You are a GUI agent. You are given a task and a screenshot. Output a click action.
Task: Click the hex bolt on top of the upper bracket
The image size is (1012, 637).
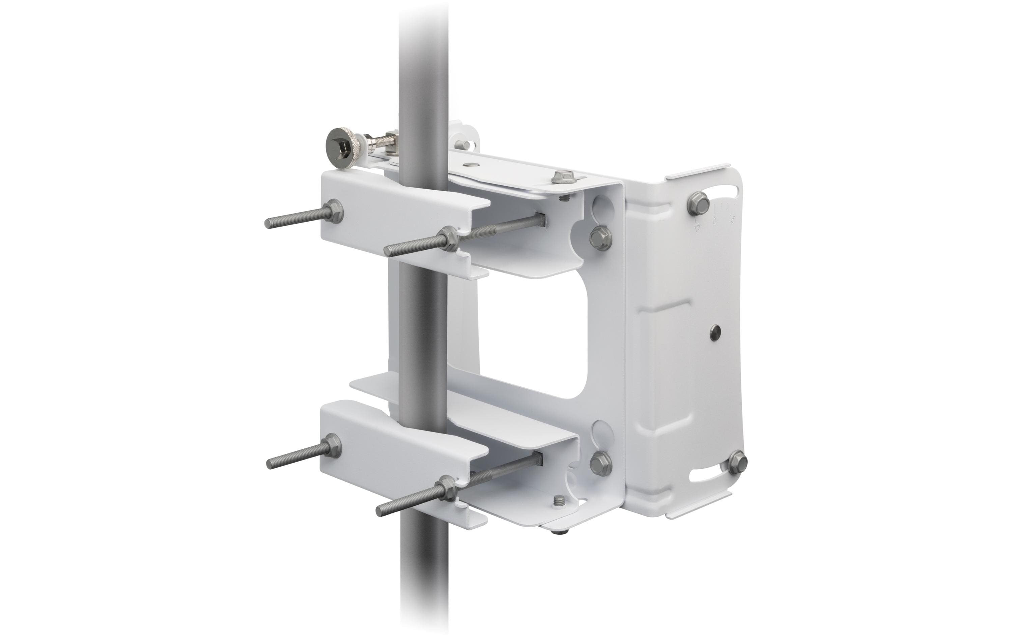pos(561,176)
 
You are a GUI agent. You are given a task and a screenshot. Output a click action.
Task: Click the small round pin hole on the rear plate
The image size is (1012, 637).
pos(713,332)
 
